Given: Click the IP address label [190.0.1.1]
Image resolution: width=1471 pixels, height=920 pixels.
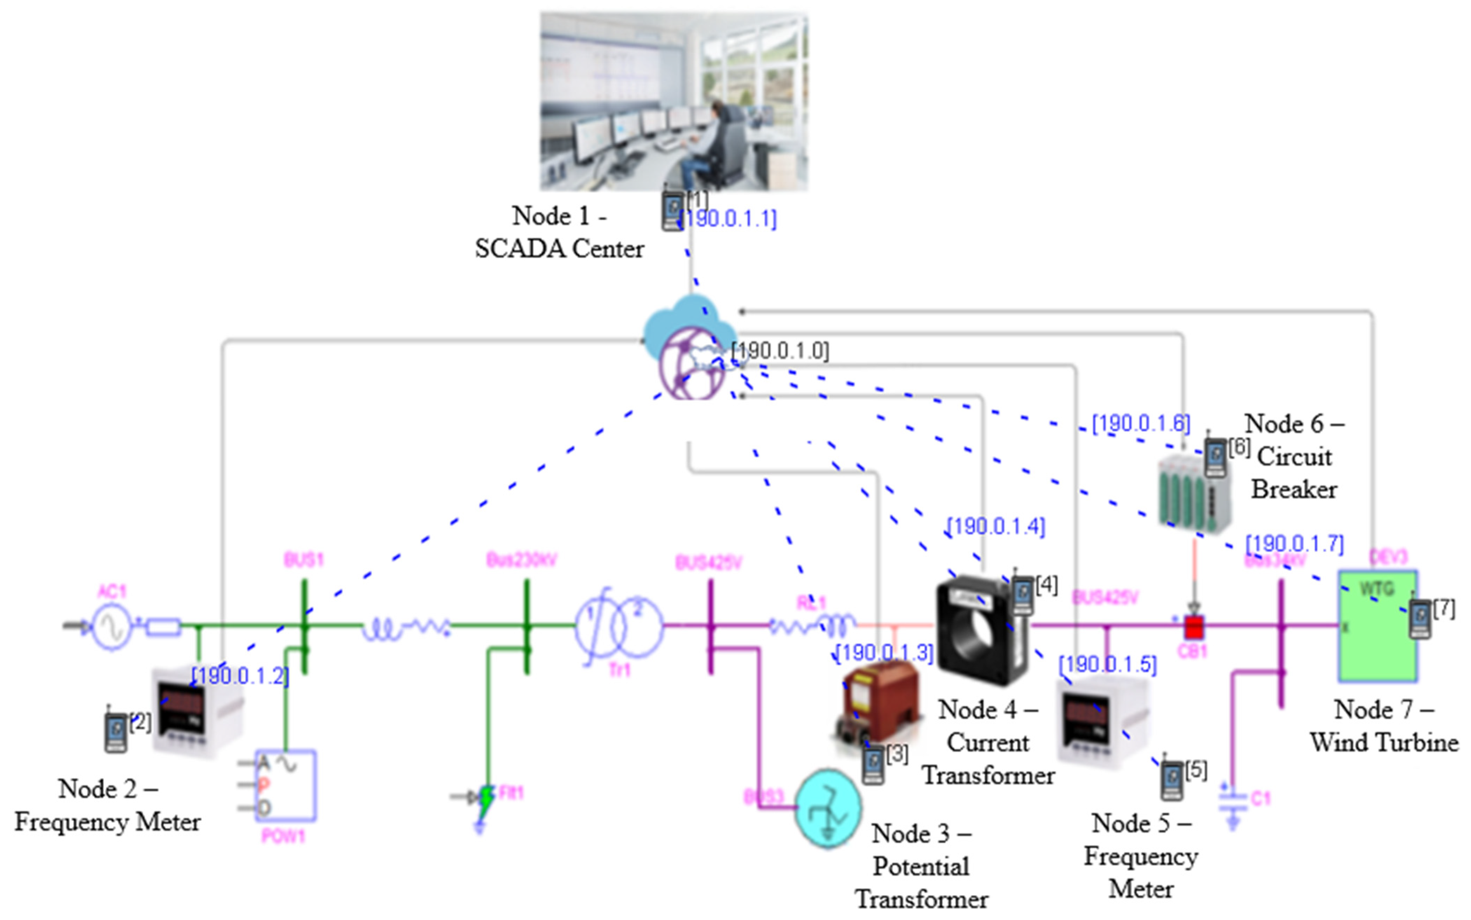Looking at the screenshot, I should [729, 219].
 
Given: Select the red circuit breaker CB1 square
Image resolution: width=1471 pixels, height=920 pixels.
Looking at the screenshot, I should [1194, 626].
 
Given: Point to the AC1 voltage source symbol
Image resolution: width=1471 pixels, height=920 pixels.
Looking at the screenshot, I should [112, 626].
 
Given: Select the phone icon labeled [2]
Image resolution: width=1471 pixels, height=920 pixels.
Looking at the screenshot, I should [115, 732].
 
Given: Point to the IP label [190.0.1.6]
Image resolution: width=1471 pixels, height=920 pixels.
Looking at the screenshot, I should [1141, 423].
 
